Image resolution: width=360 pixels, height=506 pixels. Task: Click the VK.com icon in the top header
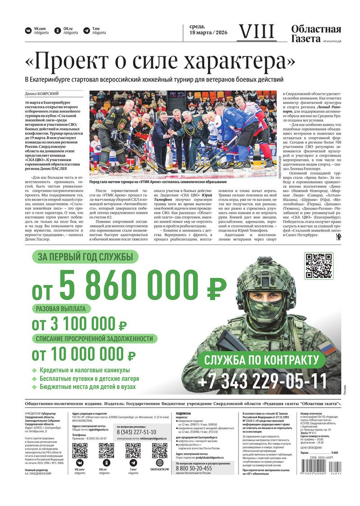pyautogui.click(x=28, y=31)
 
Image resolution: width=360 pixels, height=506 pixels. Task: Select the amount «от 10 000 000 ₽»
pyautogui.click(x=83, y=355)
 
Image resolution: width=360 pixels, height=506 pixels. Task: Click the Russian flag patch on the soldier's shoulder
pyautogui.click(x=327, y=348)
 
